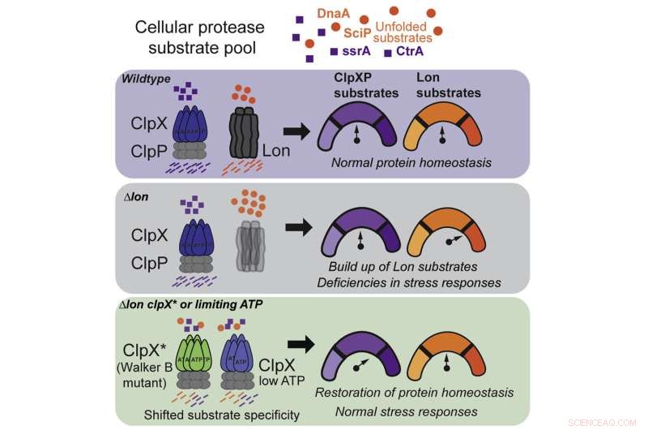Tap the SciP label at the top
[356, 33]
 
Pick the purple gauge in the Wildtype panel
[361, 127]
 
